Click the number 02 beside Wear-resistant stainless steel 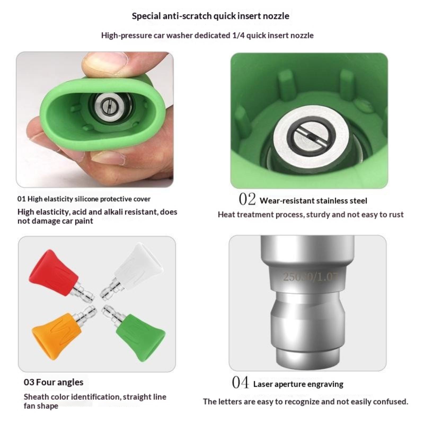[247, 199]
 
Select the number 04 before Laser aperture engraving [240, 382]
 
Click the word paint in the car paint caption [84, 221]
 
